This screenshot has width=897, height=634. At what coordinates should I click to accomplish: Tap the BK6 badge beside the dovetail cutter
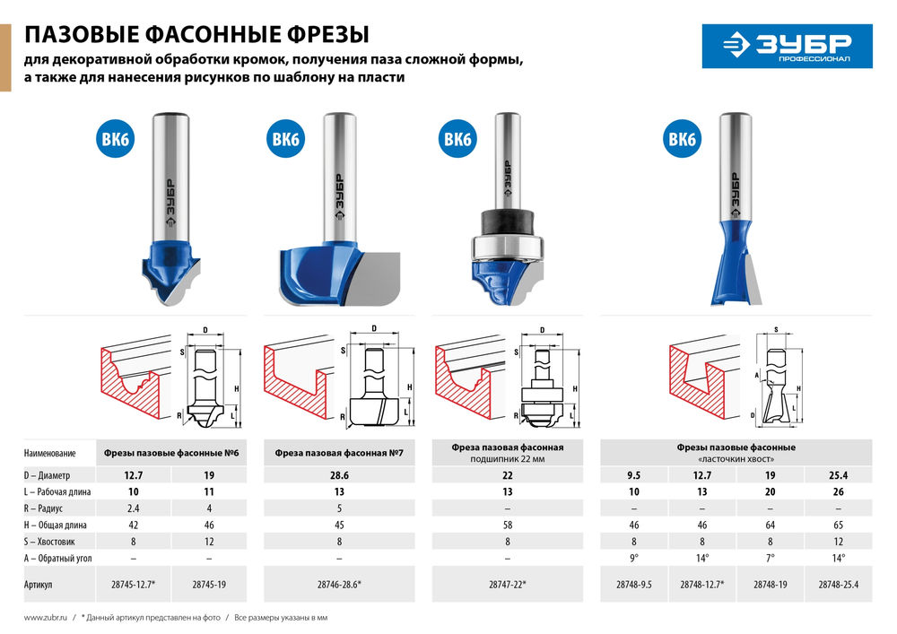tap(682, 139)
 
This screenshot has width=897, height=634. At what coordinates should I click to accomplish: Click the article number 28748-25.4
tap(839, 584)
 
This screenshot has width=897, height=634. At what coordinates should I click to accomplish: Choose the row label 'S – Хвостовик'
tap(55, 542)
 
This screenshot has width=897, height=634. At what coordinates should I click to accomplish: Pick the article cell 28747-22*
tap(507, 584)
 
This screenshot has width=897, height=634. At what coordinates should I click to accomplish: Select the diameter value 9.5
tap(633, 475)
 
